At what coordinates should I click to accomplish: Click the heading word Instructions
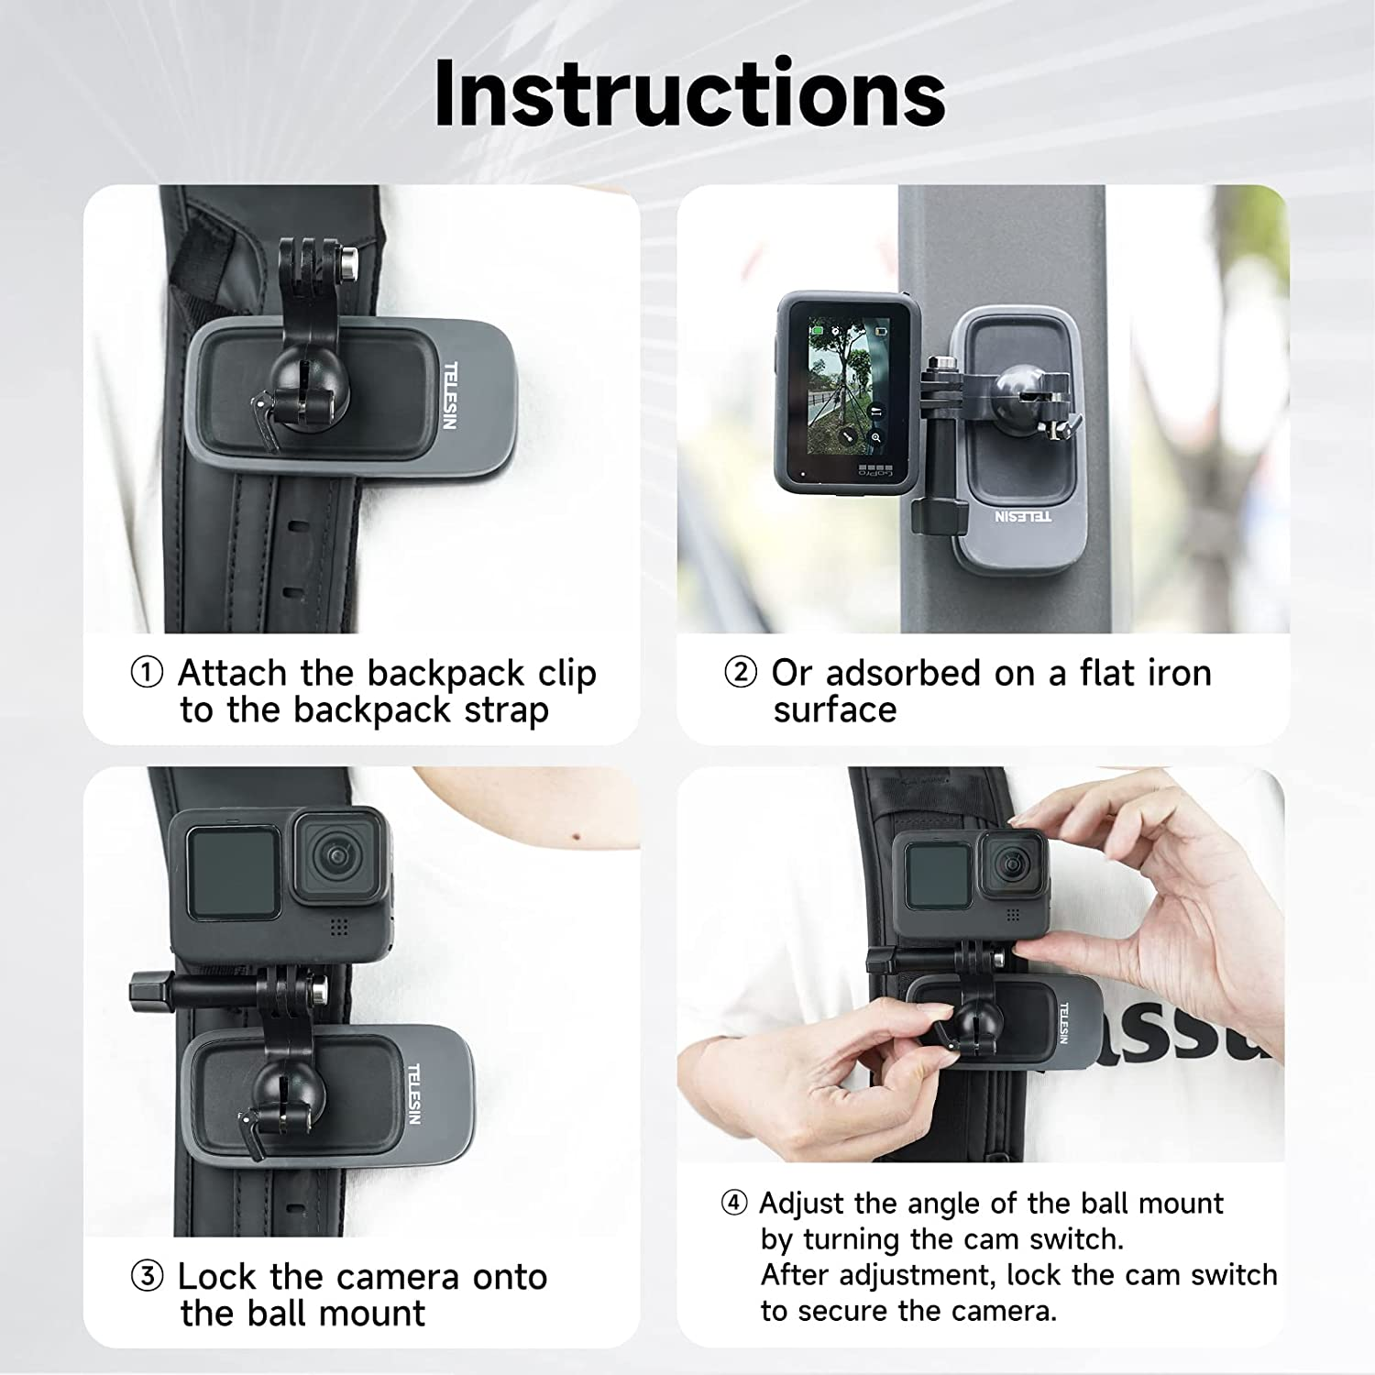tap(689, 93)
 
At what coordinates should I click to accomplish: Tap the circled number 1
tap(147, 673)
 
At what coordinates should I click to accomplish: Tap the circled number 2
tap(740, 673)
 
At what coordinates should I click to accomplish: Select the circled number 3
tap(147, 1276)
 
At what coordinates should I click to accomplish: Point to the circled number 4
tap(733, 1203)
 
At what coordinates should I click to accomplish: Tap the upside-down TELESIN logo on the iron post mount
tap(1023, 516)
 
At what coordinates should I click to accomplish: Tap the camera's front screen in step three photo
tap(233, 872)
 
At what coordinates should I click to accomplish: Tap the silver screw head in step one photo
tap(348, 262)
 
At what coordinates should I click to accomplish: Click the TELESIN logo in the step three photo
tap(413, 1094)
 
